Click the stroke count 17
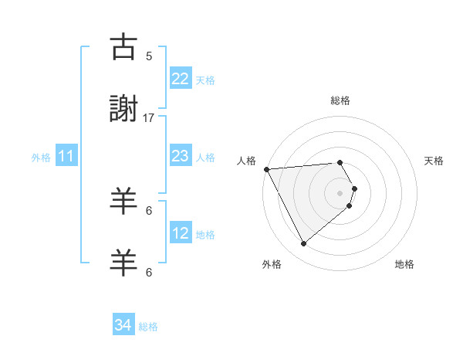[149, 117]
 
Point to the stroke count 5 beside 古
[149, 56]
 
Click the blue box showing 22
[181, 79]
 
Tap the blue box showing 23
[181, 156]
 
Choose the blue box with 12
[181, 233]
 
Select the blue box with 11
[66, 157]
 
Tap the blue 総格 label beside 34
[148, 327]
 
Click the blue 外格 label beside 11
[41, 158]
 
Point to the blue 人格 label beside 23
[205, 158]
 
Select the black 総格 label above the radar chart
[340, 100]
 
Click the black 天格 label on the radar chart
[434, 161]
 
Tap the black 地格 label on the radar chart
[404, 264]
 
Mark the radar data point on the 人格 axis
[266, 169]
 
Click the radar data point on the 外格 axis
[303, 244]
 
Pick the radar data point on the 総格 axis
[340, 162]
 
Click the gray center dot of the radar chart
[340, 193]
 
